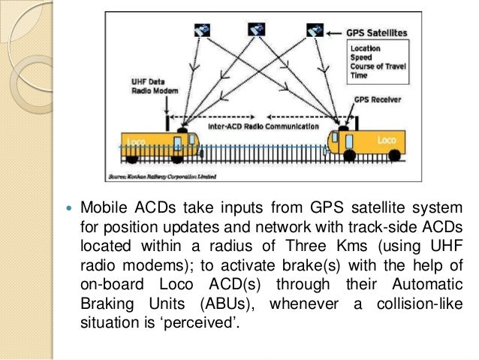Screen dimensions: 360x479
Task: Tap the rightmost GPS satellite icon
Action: (315, 30)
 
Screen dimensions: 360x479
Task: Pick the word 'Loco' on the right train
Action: (384, 140)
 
